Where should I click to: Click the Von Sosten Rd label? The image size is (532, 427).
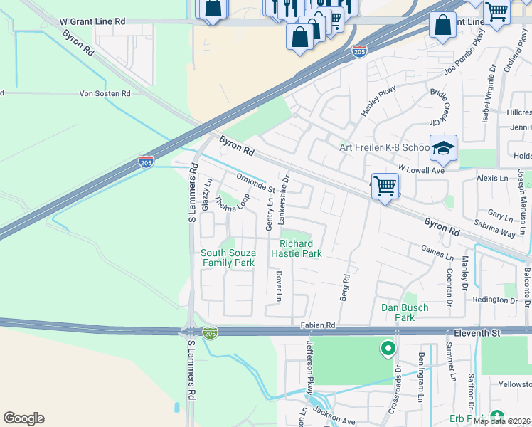(x=105, y=93)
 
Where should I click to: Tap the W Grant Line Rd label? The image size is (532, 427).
(x=91, y=22)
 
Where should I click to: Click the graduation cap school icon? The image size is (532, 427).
(x=443, y=148)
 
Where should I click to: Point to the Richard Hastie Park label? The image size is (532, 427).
(x=300, y=248)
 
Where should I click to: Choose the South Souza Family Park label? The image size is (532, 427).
(x=228, y=258)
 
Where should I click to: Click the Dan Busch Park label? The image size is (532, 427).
(x=405, y=312)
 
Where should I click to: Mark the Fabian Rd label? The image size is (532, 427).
(x=317, y=325)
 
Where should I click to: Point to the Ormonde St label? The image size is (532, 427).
(x=255, y=183)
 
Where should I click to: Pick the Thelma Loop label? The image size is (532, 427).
(x=233, y=201)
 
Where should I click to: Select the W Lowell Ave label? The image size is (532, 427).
(x=421, y=169)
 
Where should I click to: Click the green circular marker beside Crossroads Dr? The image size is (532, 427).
(x=388, y=349)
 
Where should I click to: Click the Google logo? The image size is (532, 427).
(x=23, y=418)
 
